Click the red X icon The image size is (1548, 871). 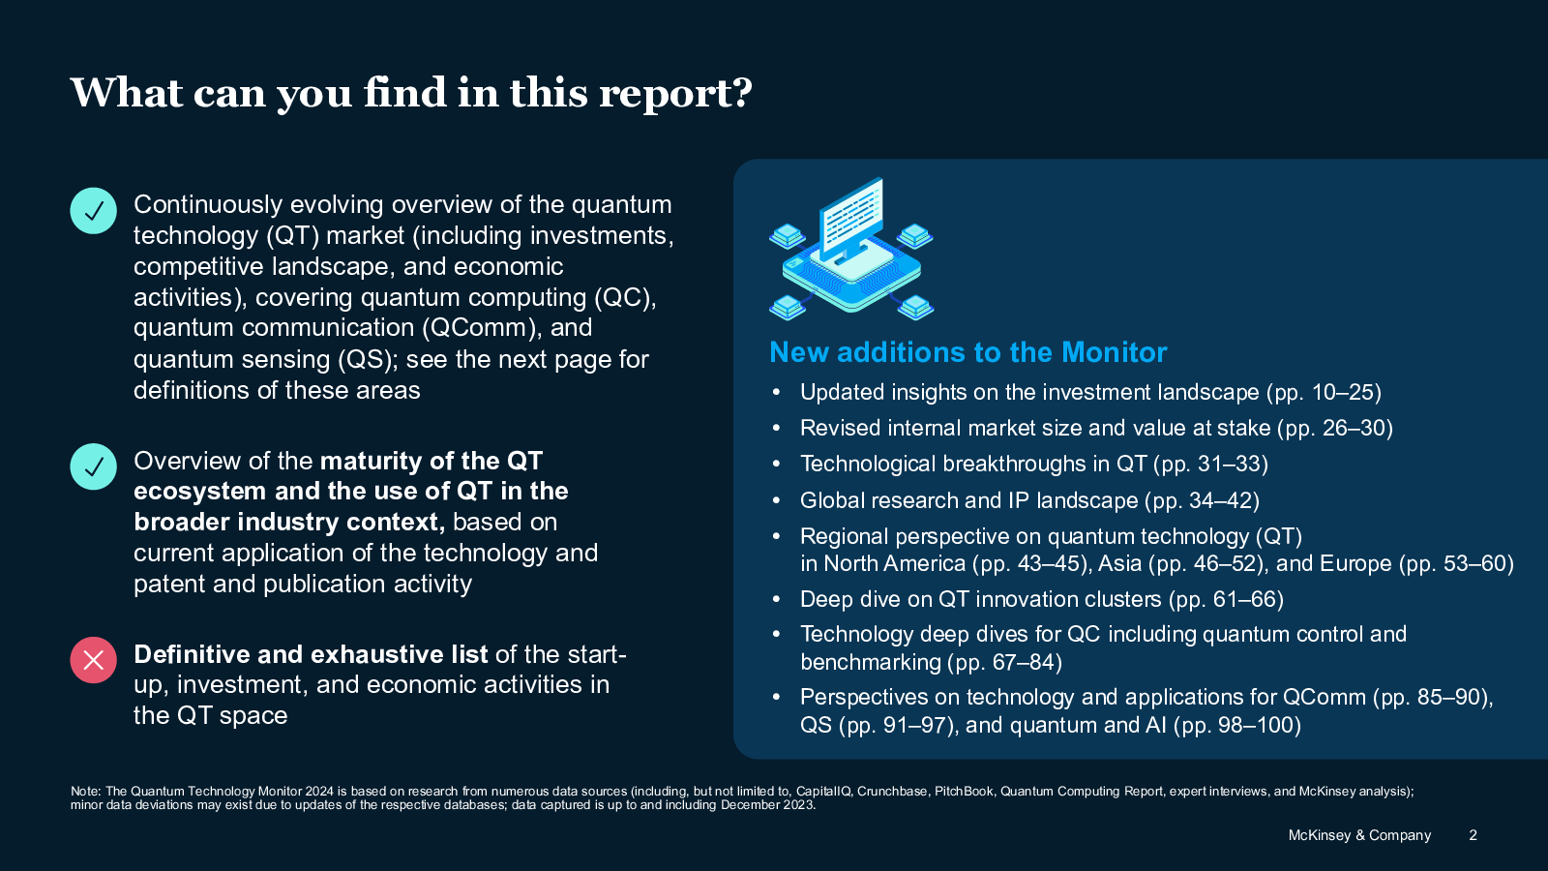93,660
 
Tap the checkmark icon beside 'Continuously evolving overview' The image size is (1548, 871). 93,211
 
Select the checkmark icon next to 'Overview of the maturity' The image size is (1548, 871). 93,466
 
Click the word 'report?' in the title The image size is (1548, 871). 675,94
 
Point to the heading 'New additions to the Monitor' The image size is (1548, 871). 968,352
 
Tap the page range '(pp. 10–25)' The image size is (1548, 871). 1324,393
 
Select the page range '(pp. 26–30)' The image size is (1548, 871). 1334,429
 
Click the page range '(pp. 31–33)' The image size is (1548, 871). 1210,464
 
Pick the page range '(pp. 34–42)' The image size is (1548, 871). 1202,500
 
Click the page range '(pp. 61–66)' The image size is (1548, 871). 1226,599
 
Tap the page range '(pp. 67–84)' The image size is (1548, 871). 1005,662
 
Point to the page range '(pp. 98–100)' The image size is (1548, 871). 1237,725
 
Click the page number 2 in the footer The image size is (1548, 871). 1473,835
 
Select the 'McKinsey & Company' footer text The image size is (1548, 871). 1359,835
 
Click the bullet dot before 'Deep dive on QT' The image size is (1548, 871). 776,599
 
